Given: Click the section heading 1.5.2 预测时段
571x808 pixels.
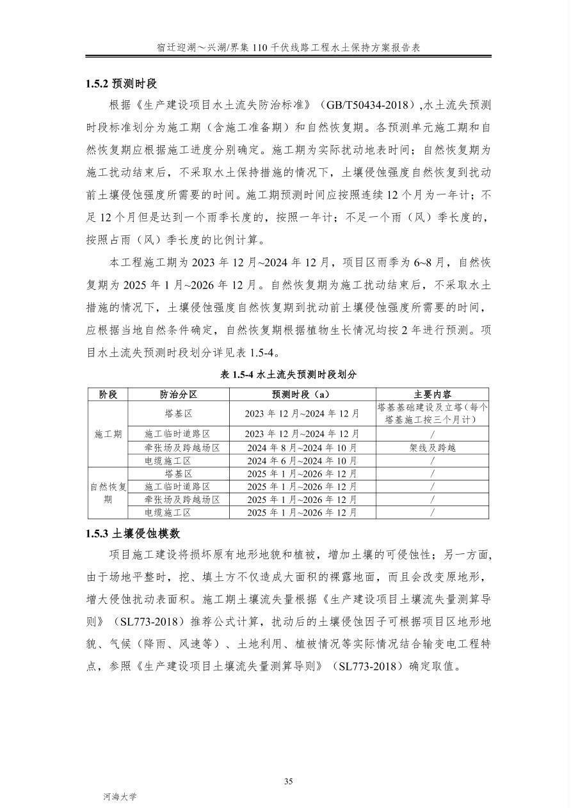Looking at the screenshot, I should point(122,84).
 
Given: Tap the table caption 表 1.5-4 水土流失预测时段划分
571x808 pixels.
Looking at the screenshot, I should point(288,375).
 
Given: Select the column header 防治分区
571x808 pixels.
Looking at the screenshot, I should point(179,395).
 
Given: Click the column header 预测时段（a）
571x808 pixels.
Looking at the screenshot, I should point(302,395).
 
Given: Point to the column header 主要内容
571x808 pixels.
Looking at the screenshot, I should point(432,395).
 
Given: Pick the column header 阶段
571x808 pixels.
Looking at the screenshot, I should point(108,395).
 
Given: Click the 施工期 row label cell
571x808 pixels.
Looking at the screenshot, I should point(108,434).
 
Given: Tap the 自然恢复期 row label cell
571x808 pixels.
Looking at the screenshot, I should point(108,493).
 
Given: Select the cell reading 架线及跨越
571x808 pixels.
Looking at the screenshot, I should point(432,448).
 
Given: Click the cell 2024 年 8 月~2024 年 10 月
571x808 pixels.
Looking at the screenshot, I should point(302,448).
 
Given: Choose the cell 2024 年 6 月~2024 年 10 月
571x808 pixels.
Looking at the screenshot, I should point(302,461).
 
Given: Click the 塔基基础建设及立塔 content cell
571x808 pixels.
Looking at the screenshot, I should point(432,413).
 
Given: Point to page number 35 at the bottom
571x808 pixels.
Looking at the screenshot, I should point(288,781).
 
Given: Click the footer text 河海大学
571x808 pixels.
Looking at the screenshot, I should point(120,796).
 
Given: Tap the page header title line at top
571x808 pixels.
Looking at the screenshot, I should point(288,48).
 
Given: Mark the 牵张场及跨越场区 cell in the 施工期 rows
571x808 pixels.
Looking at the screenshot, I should point(179,448).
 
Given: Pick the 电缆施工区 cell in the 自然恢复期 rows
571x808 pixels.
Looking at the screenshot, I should point(179,512).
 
